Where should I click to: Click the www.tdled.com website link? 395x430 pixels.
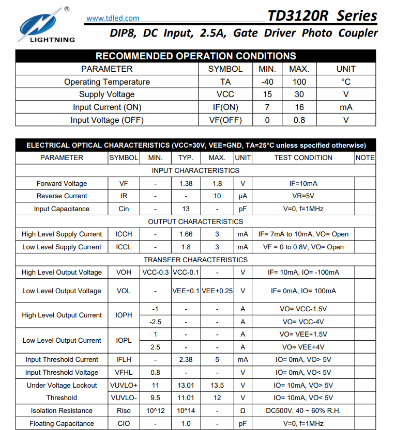click(112, 18)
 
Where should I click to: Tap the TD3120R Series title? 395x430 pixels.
click(322, 16)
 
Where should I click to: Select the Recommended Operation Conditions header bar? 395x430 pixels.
click(195, 56)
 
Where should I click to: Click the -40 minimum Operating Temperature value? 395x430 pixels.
click(267, 82)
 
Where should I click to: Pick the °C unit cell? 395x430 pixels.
click(345, 82)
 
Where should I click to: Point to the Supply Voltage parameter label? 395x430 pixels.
click(107, 94)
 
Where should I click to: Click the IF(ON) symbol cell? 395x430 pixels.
click(225, 107)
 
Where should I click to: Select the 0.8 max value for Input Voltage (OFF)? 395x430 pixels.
click(299, 120)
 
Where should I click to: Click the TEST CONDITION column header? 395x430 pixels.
click(303, 157)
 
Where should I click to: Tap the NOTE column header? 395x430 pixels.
click(364, 157)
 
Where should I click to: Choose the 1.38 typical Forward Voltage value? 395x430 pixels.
click(186, 183)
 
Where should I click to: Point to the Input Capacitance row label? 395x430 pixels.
click(62, 209)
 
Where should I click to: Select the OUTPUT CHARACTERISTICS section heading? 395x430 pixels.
click(195, 221)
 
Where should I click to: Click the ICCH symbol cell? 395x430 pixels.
click(124, 234)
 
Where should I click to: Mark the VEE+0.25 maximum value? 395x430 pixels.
click(217, 291)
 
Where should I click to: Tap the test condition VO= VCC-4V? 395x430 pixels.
click(303, 322)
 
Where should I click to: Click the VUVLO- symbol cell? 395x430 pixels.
click(124, 398)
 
